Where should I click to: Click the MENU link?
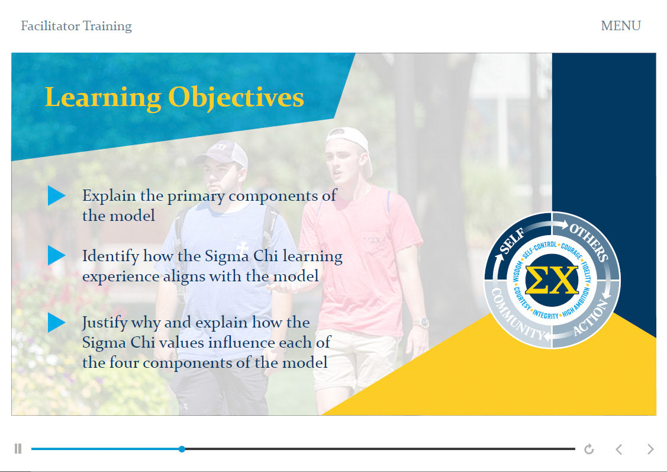point(621,26)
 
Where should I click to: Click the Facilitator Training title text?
point(76,26)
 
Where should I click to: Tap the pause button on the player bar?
point(18,448)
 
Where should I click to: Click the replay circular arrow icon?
point(589,449)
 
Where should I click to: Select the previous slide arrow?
point(619,449)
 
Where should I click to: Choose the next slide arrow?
point(650,449)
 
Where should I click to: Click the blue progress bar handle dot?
point(182,449)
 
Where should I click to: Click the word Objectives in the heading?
point(236,98)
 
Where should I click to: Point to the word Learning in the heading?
point(103,98)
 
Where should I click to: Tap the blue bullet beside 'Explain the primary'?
point(56,196)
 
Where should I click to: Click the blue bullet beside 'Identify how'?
point(56,255)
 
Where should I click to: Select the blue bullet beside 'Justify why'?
point(56,322)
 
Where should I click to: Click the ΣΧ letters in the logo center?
point(552,280)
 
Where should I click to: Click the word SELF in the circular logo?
point(512,241)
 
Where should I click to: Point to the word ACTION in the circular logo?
point(591,317)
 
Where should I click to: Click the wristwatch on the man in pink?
point(421,323)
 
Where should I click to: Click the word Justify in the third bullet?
point(105,323)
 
